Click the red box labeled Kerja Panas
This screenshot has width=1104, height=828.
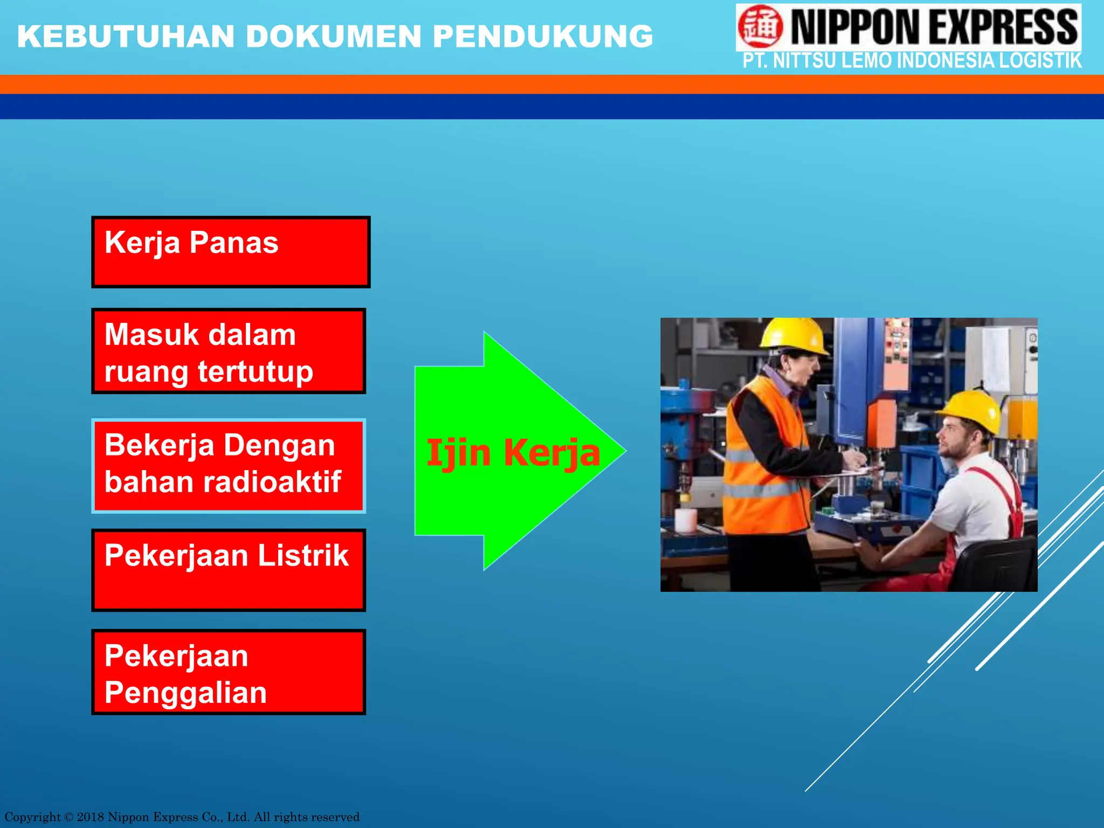click(x=231, y=252)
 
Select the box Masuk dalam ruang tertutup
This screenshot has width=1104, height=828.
click(x=229, y=351)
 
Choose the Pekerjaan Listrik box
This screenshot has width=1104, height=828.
click(x=229, y=569)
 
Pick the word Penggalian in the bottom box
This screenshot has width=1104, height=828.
click(x=185, y=693)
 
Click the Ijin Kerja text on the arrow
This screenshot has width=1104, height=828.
click(x=513, y=453)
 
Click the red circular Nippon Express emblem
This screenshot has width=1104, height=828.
click(x=760, y=26)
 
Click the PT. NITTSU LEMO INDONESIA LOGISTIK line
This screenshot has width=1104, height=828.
click(x=912, y=61)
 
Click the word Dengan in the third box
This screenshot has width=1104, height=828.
click(x=279, y=445)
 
